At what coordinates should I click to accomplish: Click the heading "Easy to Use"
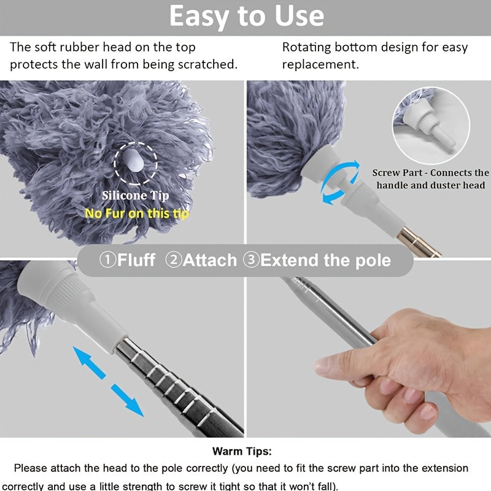tap(246, 17)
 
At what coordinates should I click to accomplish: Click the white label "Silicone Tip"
tap(135, 196)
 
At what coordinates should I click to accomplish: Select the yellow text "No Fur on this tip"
tap(137, 213)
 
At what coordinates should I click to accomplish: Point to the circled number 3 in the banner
tap(251, 260)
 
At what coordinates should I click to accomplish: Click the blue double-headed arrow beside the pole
tap(108, 381)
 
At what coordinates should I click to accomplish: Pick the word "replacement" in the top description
tap(320, 64)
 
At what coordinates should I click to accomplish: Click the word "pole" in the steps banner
tap(371, 260)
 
